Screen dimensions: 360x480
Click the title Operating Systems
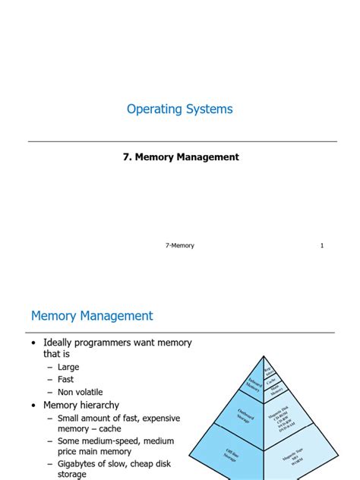(180, 109)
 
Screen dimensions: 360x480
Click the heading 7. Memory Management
(180, 157)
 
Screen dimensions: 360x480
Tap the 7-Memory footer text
(180, 245)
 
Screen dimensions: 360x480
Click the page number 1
(322, 245)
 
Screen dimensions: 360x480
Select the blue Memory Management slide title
(92, 316)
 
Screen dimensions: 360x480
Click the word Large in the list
(68, 367)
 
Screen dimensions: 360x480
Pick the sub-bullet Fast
(66, 380)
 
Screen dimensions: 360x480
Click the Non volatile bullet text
(81, 393)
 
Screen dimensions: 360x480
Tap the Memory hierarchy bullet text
(81, 406)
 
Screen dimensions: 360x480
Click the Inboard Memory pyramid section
(252, 384)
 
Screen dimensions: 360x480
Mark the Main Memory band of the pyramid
(274, 390)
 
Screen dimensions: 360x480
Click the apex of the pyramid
(264, 358)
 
